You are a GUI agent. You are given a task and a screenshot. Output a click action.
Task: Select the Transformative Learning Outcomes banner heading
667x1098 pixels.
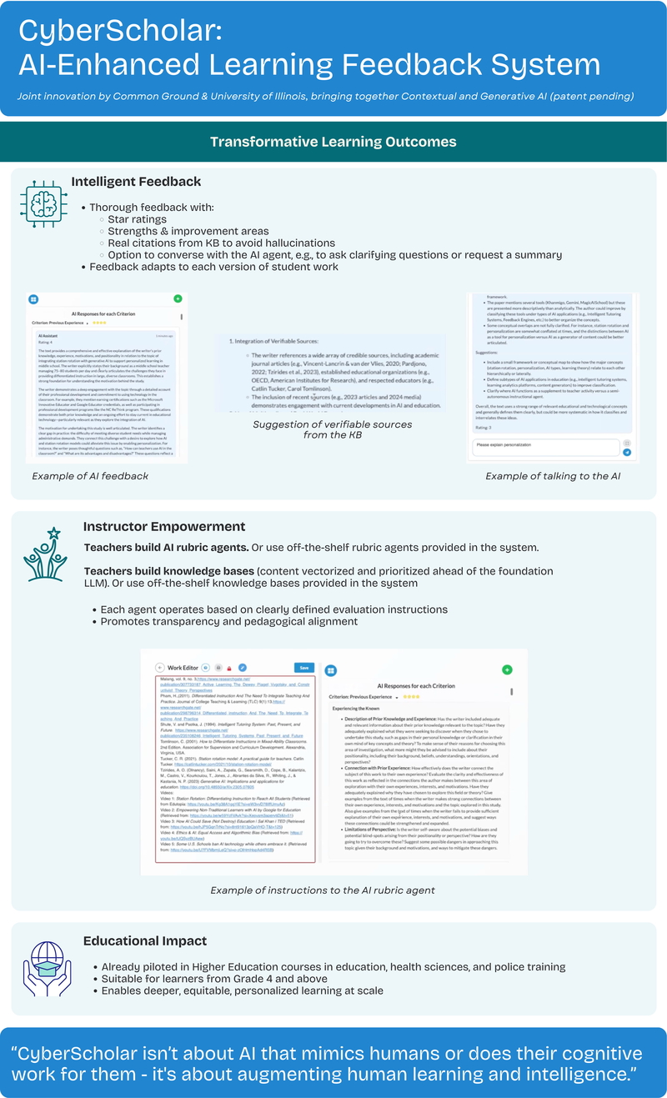333,141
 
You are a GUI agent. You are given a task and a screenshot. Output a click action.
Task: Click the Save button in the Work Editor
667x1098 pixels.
304,668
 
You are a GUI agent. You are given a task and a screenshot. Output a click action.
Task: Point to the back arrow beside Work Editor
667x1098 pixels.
159,668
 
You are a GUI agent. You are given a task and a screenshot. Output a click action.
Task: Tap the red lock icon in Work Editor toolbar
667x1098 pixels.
229,668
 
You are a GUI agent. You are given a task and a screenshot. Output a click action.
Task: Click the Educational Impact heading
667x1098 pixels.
145,941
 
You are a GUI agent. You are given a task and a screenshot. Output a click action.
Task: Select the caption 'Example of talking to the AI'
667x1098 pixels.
551,475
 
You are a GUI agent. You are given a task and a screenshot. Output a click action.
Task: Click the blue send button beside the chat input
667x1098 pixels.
627,452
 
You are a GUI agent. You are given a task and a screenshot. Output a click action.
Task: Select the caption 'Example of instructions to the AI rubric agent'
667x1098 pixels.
333,890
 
